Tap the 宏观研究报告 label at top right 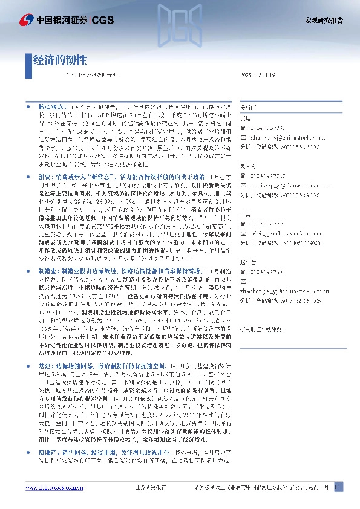[x=323, y=20]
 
